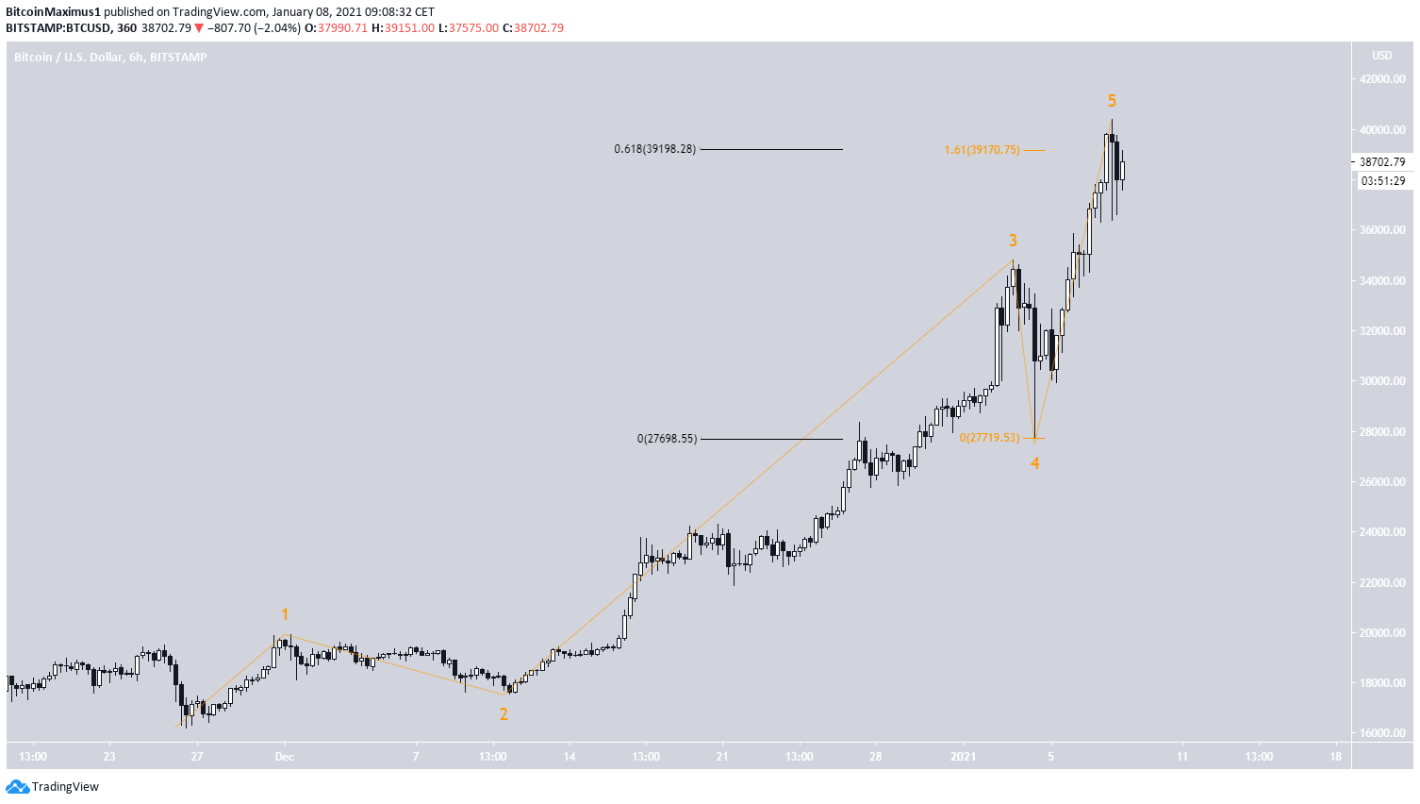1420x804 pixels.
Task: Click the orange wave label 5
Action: tap(1112, 101)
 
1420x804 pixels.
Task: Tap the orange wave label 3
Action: tap(1013, 241)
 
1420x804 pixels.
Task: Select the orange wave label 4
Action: tap(1034, 463)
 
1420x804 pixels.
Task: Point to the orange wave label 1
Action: tap(285, 615)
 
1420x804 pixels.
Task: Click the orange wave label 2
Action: tap(504, 714)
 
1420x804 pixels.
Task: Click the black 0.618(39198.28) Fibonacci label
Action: tap(654, 149)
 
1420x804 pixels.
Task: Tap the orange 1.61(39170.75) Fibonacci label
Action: tap(982, 150)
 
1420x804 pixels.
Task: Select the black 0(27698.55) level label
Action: tap(667, 439)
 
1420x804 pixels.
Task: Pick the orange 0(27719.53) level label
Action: tap(989, 438)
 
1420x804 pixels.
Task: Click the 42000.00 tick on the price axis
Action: tap(1382, 79)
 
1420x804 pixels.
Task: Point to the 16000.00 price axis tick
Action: tap(1382, 733)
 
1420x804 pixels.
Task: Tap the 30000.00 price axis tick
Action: tap(1382, 381)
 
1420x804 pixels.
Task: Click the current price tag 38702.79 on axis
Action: tap(1382, 162)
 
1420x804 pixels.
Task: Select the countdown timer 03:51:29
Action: tap(1382, 181)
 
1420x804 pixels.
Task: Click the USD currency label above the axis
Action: tap(1381, 56)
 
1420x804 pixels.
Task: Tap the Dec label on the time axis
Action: tap(285, 757)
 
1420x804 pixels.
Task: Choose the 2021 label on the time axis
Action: tap(963, 757)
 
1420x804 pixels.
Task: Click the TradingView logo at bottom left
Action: tap(53, 787)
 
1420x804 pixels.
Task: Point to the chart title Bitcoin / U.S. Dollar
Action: tap(69, 58)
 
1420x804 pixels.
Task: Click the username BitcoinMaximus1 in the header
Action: tap(53, 12)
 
